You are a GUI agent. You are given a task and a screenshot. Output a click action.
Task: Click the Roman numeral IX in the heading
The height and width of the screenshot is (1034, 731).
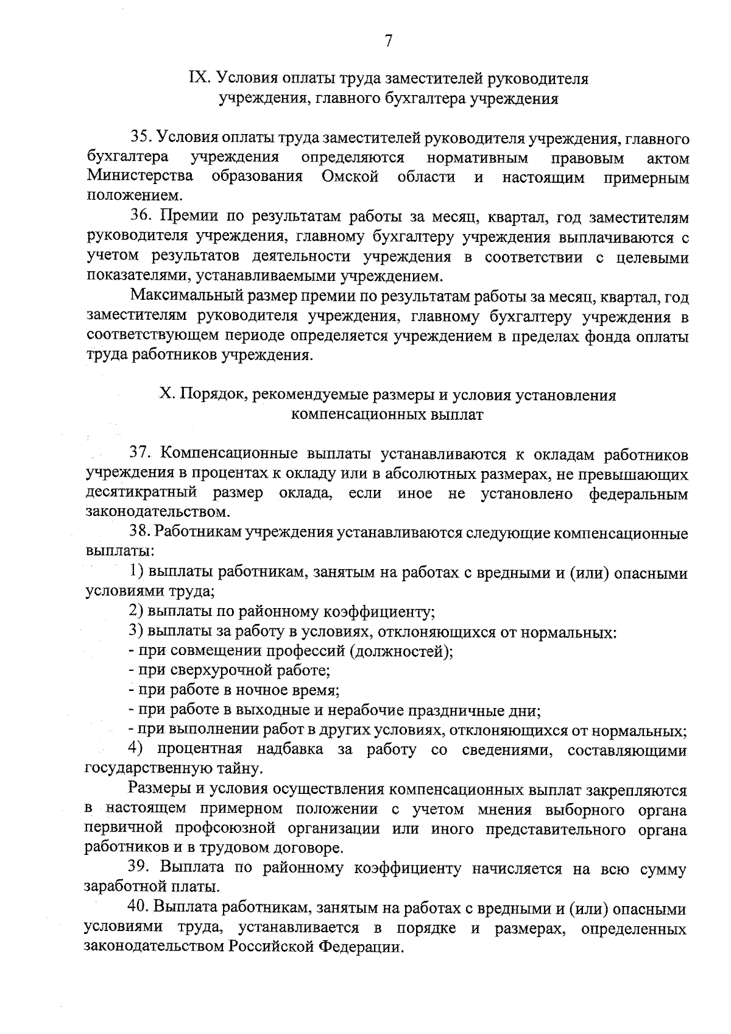point(200,79)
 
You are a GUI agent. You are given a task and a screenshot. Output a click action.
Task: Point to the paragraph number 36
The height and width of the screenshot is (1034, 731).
point(141,218)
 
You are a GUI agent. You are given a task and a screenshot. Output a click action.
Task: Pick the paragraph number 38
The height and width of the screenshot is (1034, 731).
point(139,533)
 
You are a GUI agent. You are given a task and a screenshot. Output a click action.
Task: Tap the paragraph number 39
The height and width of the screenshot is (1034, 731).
point(139,868)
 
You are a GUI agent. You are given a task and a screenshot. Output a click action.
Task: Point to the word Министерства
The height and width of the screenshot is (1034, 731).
point(140,177)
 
